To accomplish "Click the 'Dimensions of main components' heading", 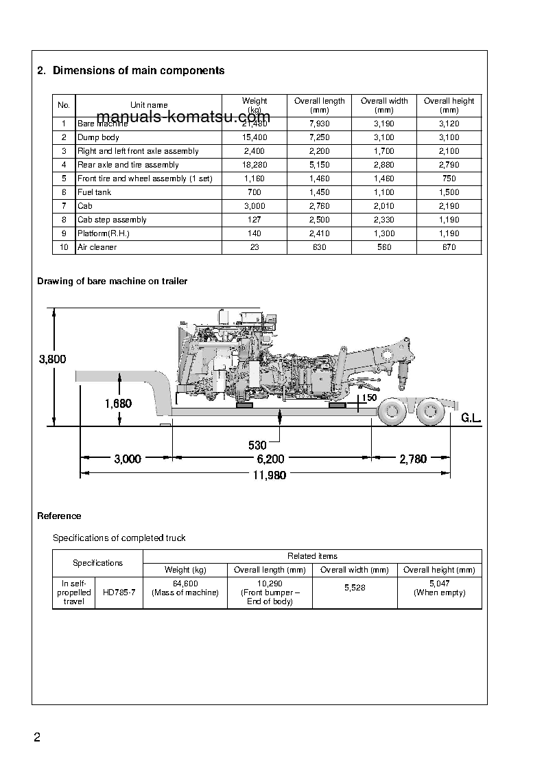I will (x=138, y=71).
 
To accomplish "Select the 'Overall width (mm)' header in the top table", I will (x=384, y=105).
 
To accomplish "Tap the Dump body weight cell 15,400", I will (x=255, y=137).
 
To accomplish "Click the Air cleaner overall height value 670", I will (x=449, y=247).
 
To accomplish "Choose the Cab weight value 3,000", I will (x=255, y=206).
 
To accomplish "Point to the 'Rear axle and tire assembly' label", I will (x=128, y=165).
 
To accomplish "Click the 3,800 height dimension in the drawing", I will (x=52, y=359).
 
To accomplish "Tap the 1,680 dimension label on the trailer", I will (x=118, y=404).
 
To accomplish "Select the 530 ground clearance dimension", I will (x=257, y=446).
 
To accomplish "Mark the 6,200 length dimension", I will (x=270, y=459).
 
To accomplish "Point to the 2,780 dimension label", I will (x=413, y=459).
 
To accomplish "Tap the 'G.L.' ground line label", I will (x=471, y=418).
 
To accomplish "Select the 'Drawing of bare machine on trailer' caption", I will (x=112, y=281).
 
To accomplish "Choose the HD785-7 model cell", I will (x=119, y=592).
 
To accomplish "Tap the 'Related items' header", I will (x=312, y=556).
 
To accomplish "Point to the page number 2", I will (x=37, y=738).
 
